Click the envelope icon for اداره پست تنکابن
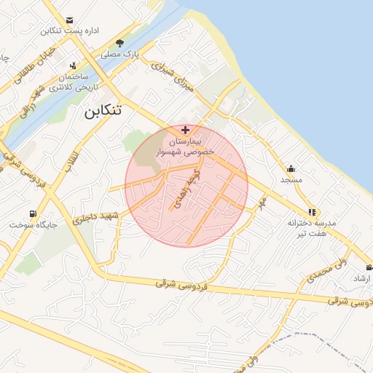click(x=69, y=20)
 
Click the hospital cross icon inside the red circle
click(x=185, y=129)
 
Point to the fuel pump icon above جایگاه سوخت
click(x=33, y=213)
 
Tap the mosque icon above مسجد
click(x=291, y=169)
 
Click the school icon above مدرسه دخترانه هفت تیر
click(x=312, y=212)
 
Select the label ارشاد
click(x=361, y=279)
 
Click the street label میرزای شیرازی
click(x=174, y=76)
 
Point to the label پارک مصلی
click(x=120, y=54)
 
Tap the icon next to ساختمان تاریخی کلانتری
click(x=73, y=66)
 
